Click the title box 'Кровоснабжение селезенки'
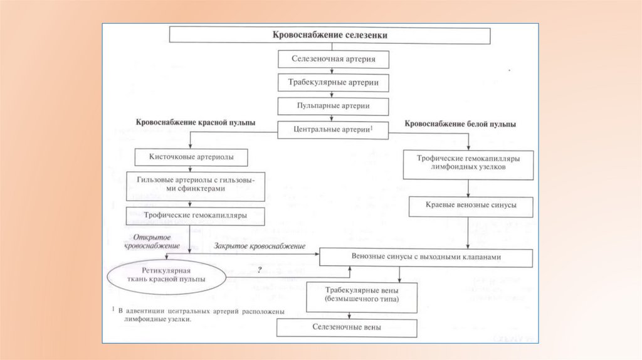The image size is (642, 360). tap(330, 36)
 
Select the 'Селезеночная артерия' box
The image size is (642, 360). tap(334, 59)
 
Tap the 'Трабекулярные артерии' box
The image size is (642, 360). tap(334, 82)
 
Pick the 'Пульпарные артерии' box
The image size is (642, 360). tap(334, 105)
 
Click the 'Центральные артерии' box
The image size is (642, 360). tap(334, 129)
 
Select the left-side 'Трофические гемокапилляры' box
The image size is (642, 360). tap(195, 215)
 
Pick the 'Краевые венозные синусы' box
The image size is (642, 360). tap(471, 206)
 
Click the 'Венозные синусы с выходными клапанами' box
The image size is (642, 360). tap(426, 257)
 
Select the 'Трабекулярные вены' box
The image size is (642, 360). tap(361, 296)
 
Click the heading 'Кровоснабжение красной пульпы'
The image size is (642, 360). tap(196, 122)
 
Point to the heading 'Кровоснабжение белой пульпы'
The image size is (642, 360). tap(461, 124)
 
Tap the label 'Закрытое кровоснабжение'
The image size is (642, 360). tap(260, 246)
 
